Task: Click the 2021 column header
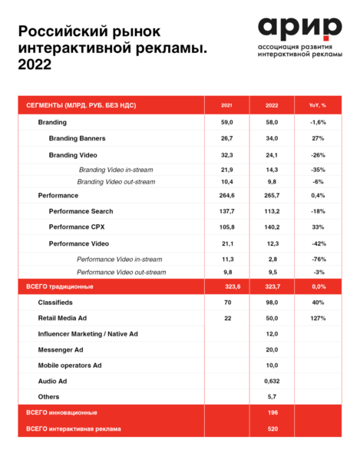[x=227, y=105]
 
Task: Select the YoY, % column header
[x=318, y=105]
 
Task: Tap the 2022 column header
[x=272, y=105]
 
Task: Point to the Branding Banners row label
[x=77, y=139]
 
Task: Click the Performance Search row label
[x=81, y=211]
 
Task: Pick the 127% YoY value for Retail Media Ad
[x=318, y=317]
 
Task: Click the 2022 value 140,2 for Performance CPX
[x=272, y=227]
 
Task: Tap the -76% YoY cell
[x=318, y=260]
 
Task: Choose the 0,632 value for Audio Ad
[x=272, y=381]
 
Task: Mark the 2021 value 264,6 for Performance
[x=227, y=195]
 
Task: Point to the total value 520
[x=272, y=429]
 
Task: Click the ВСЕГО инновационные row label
[x=64, y=413]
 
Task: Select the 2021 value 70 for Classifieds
[x=227, y=302]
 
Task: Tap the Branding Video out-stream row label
[x=116, y=181]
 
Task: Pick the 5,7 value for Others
[x=272, y=396]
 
